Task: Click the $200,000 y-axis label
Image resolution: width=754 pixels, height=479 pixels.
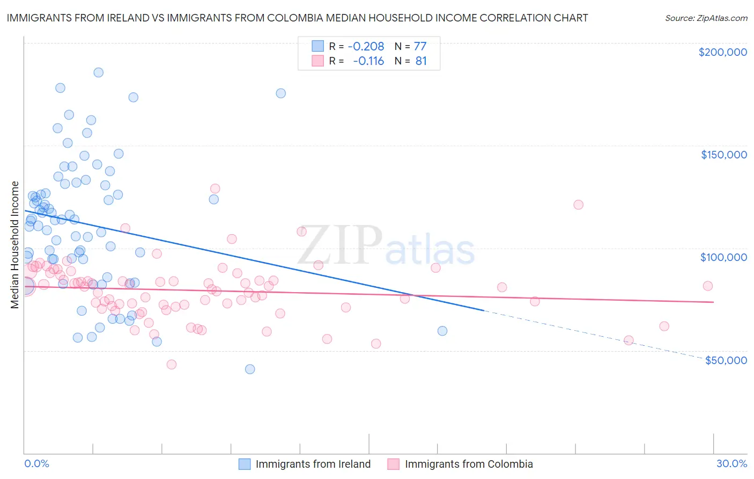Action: pos(722,52)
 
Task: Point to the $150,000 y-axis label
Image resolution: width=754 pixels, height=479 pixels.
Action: pos(723,155)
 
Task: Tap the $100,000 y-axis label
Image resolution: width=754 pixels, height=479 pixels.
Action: pos(723,257)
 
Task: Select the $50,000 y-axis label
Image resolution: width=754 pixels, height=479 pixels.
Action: pos(726,360)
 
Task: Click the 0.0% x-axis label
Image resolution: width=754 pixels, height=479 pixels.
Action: pos(36,463)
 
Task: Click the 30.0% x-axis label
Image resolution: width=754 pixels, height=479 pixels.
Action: pos(731,463)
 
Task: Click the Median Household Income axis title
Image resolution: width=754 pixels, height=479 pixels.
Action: pos(15,245)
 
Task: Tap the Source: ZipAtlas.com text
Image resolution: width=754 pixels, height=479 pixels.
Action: pos(706,18)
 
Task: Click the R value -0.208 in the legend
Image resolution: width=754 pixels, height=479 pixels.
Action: pos(366,46)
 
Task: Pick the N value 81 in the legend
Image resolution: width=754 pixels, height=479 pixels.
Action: pos(421,61)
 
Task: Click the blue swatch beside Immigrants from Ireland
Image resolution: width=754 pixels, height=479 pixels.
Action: pos(245,464)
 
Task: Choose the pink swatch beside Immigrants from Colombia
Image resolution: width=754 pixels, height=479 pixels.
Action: pos(394,464)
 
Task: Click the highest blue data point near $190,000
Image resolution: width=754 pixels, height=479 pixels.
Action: pos(98,72)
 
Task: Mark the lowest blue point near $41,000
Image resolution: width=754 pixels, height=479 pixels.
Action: pos(250,369)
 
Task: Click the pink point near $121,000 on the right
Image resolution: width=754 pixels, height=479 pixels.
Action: pos(578,205)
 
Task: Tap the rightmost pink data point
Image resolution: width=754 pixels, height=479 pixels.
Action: pos(707,286)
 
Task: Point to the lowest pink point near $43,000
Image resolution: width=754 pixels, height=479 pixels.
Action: pos(172,365)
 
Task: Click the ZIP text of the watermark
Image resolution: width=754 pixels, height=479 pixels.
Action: pos(339,246)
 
